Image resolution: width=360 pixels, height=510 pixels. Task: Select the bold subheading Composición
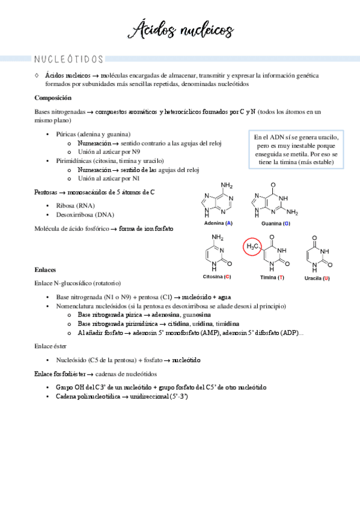53,97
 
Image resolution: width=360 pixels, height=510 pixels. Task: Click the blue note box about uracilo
296,150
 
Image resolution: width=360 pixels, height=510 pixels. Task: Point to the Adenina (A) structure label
218,223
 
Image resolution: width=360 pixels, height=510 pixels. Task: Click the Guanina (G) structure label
276,223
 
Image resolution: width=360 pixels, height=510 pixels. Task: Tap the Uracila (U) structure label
317,278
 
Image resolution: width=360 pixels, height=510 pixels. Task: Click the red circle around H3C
252,247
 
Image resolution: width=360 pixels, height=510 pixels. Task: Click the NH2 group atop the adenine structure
227,185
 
